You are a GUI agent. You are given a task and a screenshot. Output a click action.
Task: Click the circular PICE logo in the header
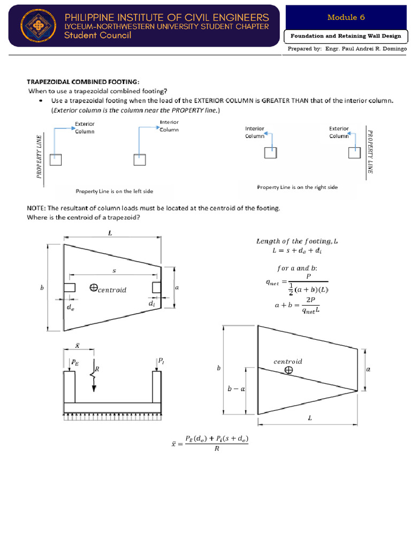pyautogui.click(x=37, y=27)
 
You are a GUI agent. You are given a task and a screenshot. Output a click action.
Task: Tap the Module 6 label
pyautogui.click(x=346, y=17)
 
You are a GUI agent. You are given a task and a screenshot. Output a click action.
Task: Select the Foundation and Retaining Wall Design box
pyautogui.click(x=346, y=36)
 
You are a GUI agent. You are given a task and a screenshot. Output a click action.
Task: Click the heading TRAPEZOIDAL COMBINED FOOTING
pyautogui.click(x=83, y=81)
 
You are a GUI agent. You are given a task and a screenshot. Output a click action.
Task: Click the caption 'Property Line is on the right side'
pyautogui.click(x=297, y=187)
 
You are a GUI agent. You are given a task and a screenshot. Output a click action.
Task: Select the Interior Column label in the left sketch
pyautogui.click(x=169, y=126)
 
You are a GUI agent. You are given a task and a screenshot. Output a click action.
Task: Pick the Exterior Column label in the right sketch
pyautogui.click(x=339, y=132)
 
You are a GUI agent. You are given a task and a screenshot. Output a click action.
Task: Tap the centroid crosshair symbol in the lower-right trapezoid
pyautogui.click(x=288, y=370)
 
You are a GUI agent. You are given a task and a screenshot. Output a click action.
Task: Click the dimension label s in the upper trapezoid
pyautogui.click(x=114, y=271)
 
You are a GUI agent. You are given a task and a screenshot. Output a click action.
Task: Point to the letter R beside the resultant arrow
pyautogui.click(x=97, y=369)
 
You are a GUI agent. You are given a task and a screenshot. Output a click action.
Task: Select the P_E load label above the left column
pyautogui.click(x=74, y=362)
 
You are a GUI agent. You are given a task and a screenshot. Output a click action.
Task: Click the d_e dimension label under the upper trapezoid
pyautogui.click(x=70, y=307)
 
